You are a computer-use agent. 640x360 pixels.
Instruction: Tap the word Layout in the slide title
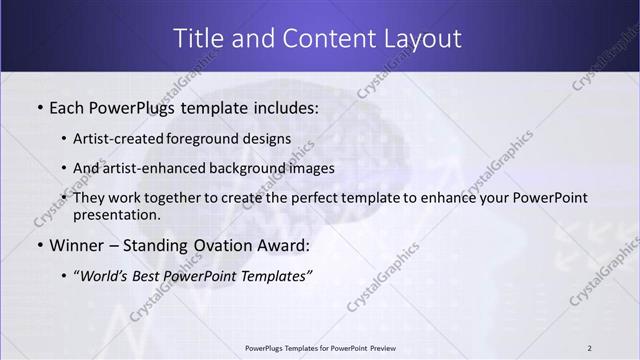coord(425,38)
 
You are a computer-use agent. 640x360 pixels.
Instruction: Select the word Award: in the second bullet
coord(283,244)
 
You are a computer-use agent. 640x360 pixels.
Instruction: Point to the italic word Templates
coord(276,275)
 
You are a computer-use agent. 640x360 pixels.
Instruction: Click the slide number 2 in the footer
coord(589,348)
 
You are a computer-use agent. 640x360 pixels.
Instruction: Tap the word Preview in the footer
coord(378,348)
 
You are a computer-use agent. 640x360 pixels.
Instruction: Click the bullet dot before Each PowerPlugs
coord(39,107)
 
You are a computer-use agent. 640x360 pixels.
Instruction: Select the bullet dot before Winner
coord(39,245)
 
